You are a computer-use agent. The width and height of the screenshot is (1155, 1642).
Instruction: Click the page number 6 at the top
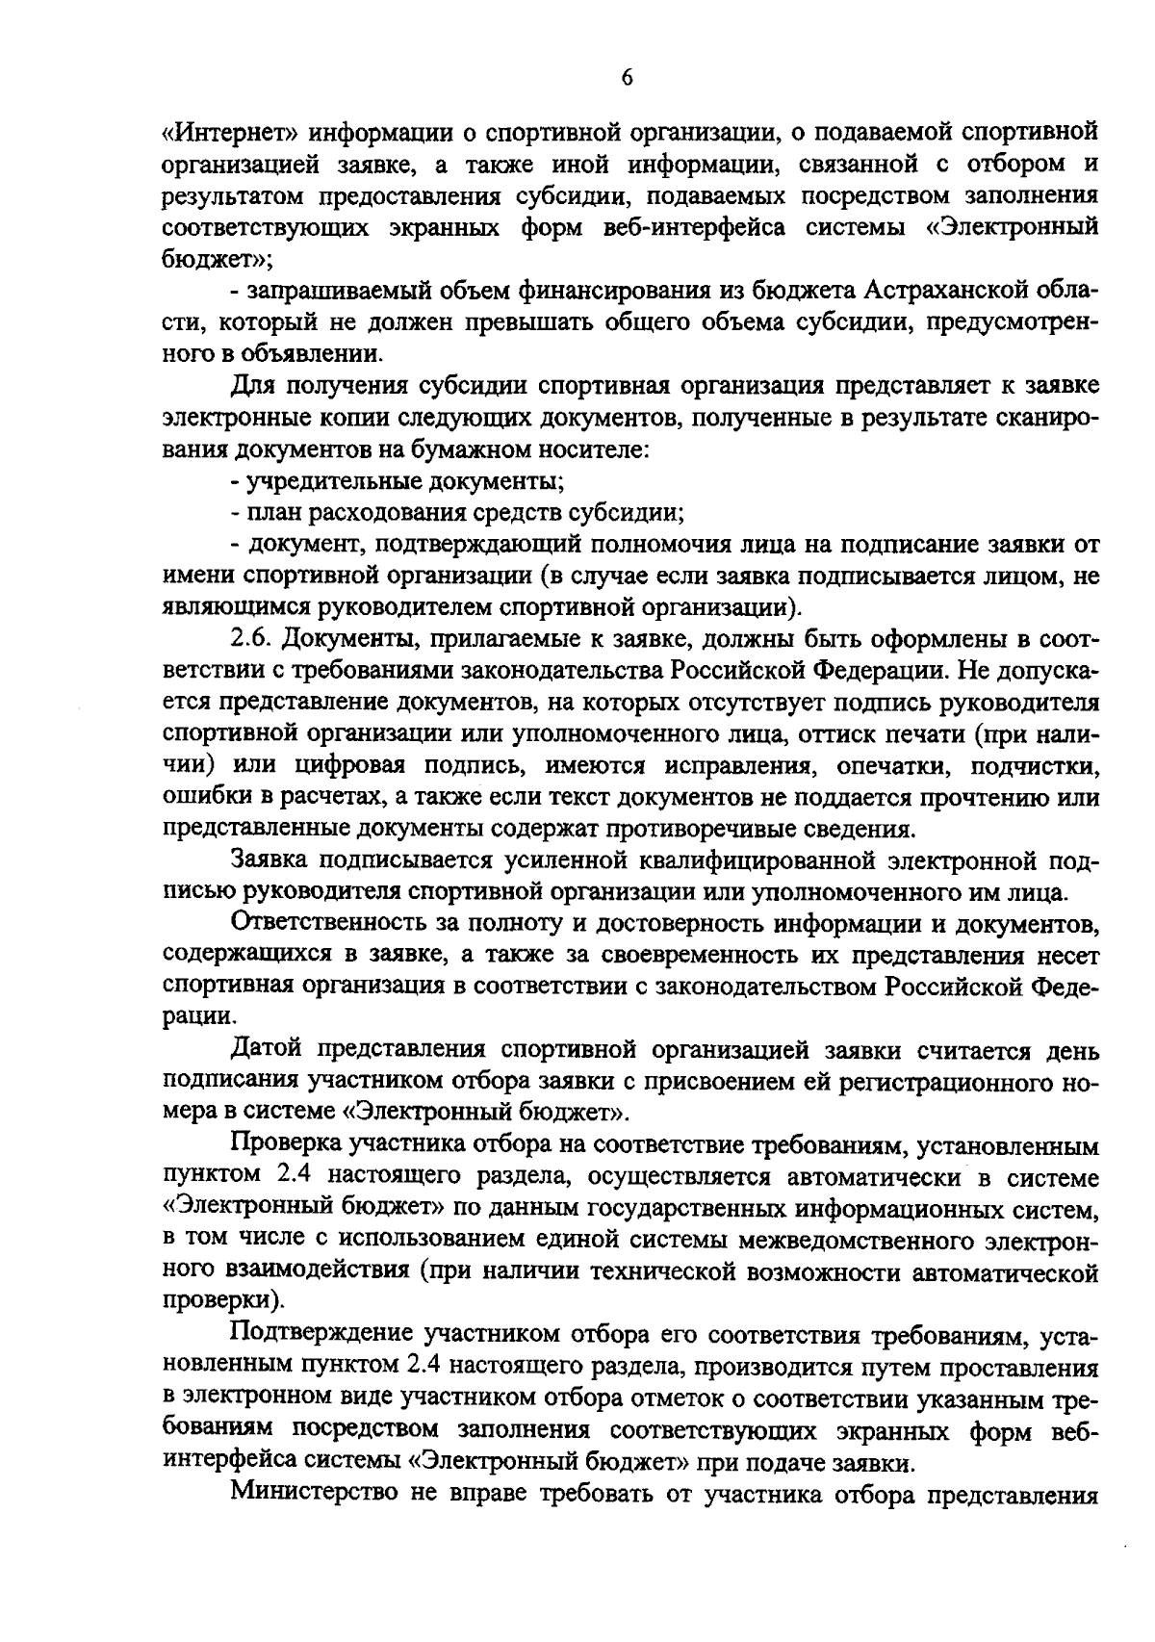[626, 78]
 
